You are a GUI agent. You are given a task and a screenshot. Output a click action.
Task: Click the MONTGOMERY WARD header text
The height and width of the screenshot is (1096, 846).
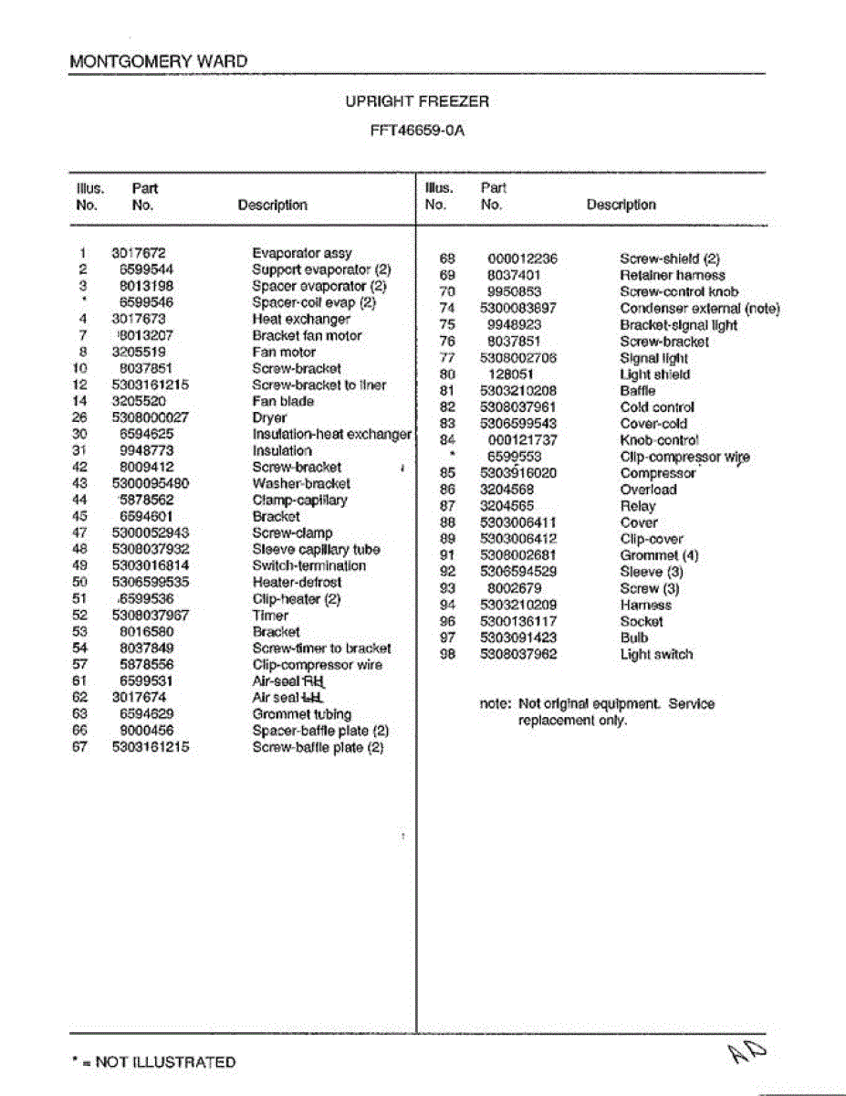[158, 62]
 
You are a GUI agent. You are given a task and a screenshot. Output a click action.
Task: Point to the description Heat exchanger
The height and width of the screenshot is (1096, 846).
[300, 319]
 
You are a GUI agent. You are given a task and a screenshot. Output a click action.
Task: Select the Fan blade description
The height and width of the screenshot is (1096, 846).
[283, 401]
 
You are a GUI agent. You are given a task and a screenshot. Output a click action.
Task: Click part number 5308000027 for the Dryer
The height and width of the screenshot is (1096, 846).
[151, 417]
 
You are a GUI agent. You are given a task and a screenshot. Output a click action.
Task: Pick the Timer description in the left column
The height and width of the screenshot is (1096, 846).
[270, 616]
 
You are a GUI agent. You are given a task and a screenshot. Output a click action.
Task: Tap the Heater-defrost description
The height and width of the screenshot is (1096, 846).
[297, 582]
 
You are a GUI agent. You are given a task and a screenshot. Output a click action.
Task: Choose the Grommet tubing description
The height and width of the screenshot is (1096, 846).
[301, 714]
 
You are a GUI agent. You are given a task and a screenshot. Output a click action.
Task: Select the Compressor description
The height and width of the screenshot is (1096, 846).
[657, 473]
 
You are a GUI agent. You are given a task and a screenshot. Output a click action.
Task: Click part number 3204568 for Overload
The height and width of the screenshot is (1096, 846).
[507, 490]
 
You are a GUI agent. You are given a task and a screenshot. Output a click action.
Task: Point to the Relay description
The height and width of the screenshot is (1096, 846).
[637, 506]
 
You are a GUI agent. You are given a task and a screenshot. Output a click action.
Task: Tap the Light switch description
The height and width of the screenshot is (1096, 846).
[656, 654]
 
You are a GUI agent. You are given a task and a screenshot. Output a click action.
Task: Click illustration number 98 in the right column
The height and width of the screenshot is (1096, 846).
[447, 654]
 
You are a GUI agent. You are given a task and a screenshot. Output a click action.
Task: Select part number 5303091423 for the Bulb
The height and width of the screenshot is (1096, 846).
[518, 638]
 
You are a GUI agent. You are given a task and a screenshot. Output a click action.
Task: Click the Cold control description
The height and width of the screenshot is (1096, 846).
[657, 407]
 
